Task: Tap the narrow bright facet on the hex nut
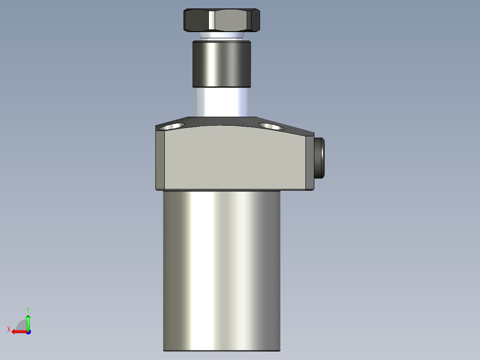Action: (x=212, y=20)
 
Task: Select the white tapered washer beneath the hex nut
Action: (x=222, y=35)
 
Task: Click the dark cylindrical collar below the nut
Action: (x=222, y=63)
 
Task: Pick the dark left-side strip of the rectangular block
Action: (x=160, y=160)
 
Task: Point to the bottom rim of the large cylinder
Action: (x=222, y=350)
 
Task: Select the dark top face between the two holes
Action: (x=222, y=122)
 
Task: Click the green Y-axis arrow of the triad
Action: (x=28, y=321)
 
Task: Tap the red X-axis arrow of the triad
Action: (x=18, y=331)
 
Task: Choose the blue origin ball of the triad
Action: (x=28, y=331)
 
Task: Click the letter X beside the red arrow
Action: (x=9, y=329)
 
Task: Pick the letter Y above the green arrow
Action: (x=28, y=309)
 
